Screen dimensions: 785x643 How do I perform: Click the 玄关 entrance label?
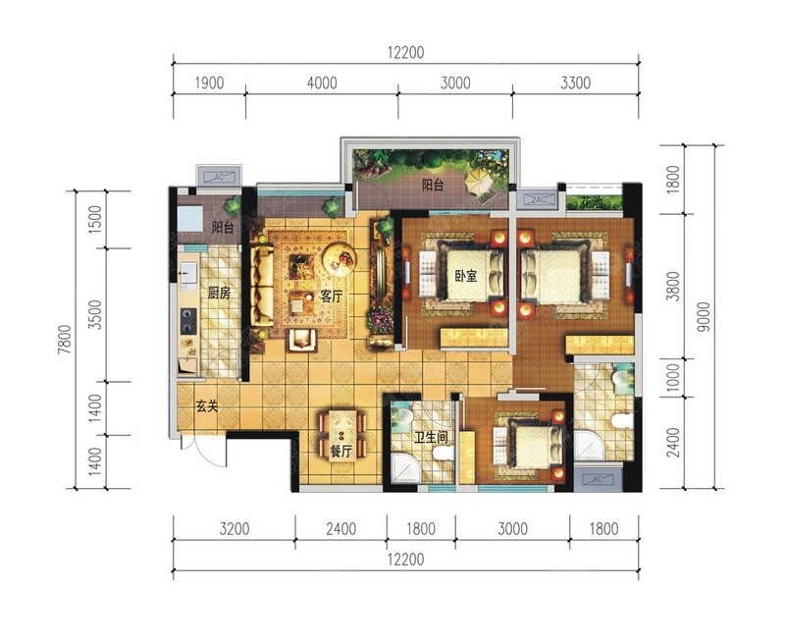(x=207, y=406)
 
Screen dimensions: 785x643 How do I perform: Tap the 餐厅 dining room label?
(x=340, y=452)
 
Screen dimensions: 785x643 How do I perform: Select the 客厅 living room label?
(x=331, y=295)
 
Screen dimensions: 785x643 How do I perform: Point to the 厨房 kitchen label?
(x=219, y=293)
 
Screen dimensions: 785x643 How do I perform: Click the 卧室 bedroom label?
(x=465, y=276)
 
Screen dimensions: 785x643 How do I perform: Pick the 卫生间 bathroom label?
(x=431, y=438)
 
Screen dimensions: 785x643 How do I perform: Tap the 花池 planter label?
(x=593, y=203)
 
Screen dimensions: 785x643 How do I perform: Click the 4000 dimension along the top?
(x=322, y=82)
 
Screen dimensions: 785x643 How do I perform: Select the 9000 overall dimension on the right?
(x=704, y=316)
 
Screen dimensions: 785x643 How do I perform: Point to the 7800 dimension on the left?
(x=65, y=340)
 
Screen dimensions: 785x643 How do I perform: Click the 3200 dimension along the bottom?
(x=234, y=528)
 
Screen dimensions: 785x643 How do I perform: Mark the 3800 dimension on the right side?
(x=674, y=286)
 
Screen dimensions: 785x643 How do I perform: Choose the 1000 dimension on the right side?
(x=674, y=378)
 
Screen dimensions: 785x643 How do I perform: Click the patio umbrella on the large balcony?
(x=480, y=182)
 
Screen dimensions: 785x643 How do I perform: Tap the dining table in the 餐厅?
(x=341, y=434)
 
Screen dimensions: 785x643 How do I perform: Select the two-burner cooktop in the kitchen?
(x=188, y=321)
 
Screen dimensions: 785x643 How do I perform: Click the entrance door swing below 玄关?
(x=205, y=453)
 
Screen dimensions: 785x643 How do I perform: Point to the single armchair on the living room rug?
(x=302, y=341)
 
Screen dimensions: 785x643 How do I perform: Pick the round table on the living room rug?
(x=339, y=258)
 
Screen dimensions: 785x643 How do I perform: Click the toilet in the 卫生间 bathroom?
(x=444, y=454)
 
